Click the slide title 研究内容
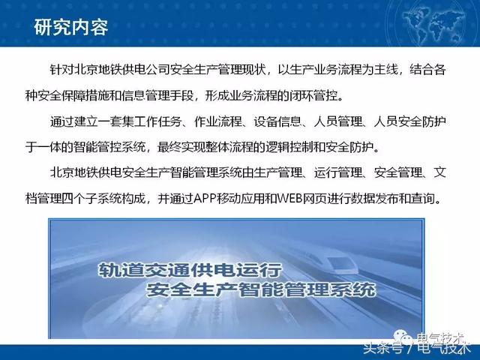(x=71, y=28)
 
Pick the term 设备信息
(x=277, y=121)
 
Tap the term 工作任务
(x=158, y=121)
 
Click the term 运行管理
(x=338, y=173)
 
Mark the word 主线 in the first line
(x=385, y=70)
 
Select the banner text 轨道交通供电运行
(x=190, y=270)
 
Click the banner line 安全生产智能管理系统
(x=261, y=289)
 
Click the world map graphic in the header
(x=435, y=23)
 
